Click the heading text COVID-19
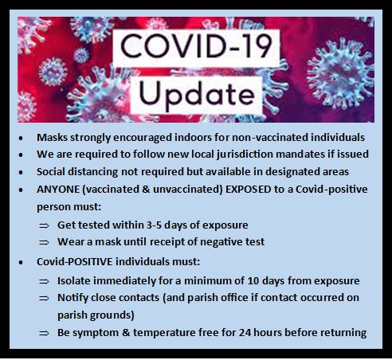click(x=197, y=46)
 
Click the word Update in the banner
click(x=197, y=95)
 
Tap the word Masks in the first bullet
click(x=52, y=138)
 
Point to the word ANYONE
click(x=58, y=190)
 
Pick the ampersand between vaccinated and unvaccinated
click(x=145, y=190)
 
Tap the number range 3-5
click(x=154, y=225)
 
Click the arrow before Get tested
click(x=44, y=225)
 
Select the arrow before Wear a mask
click(x=44, y=242)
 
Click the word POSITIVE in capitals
click(x=90, y=262)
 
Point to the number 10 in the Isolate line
click(x=253, y=281)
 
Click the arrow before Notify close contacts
click(x=44, y=298)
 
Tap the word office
click(x=234, y=298)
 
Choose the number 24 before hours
click(x=245, y=333)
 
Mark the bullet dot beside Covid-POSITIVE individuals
click(x=21, y=262)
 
